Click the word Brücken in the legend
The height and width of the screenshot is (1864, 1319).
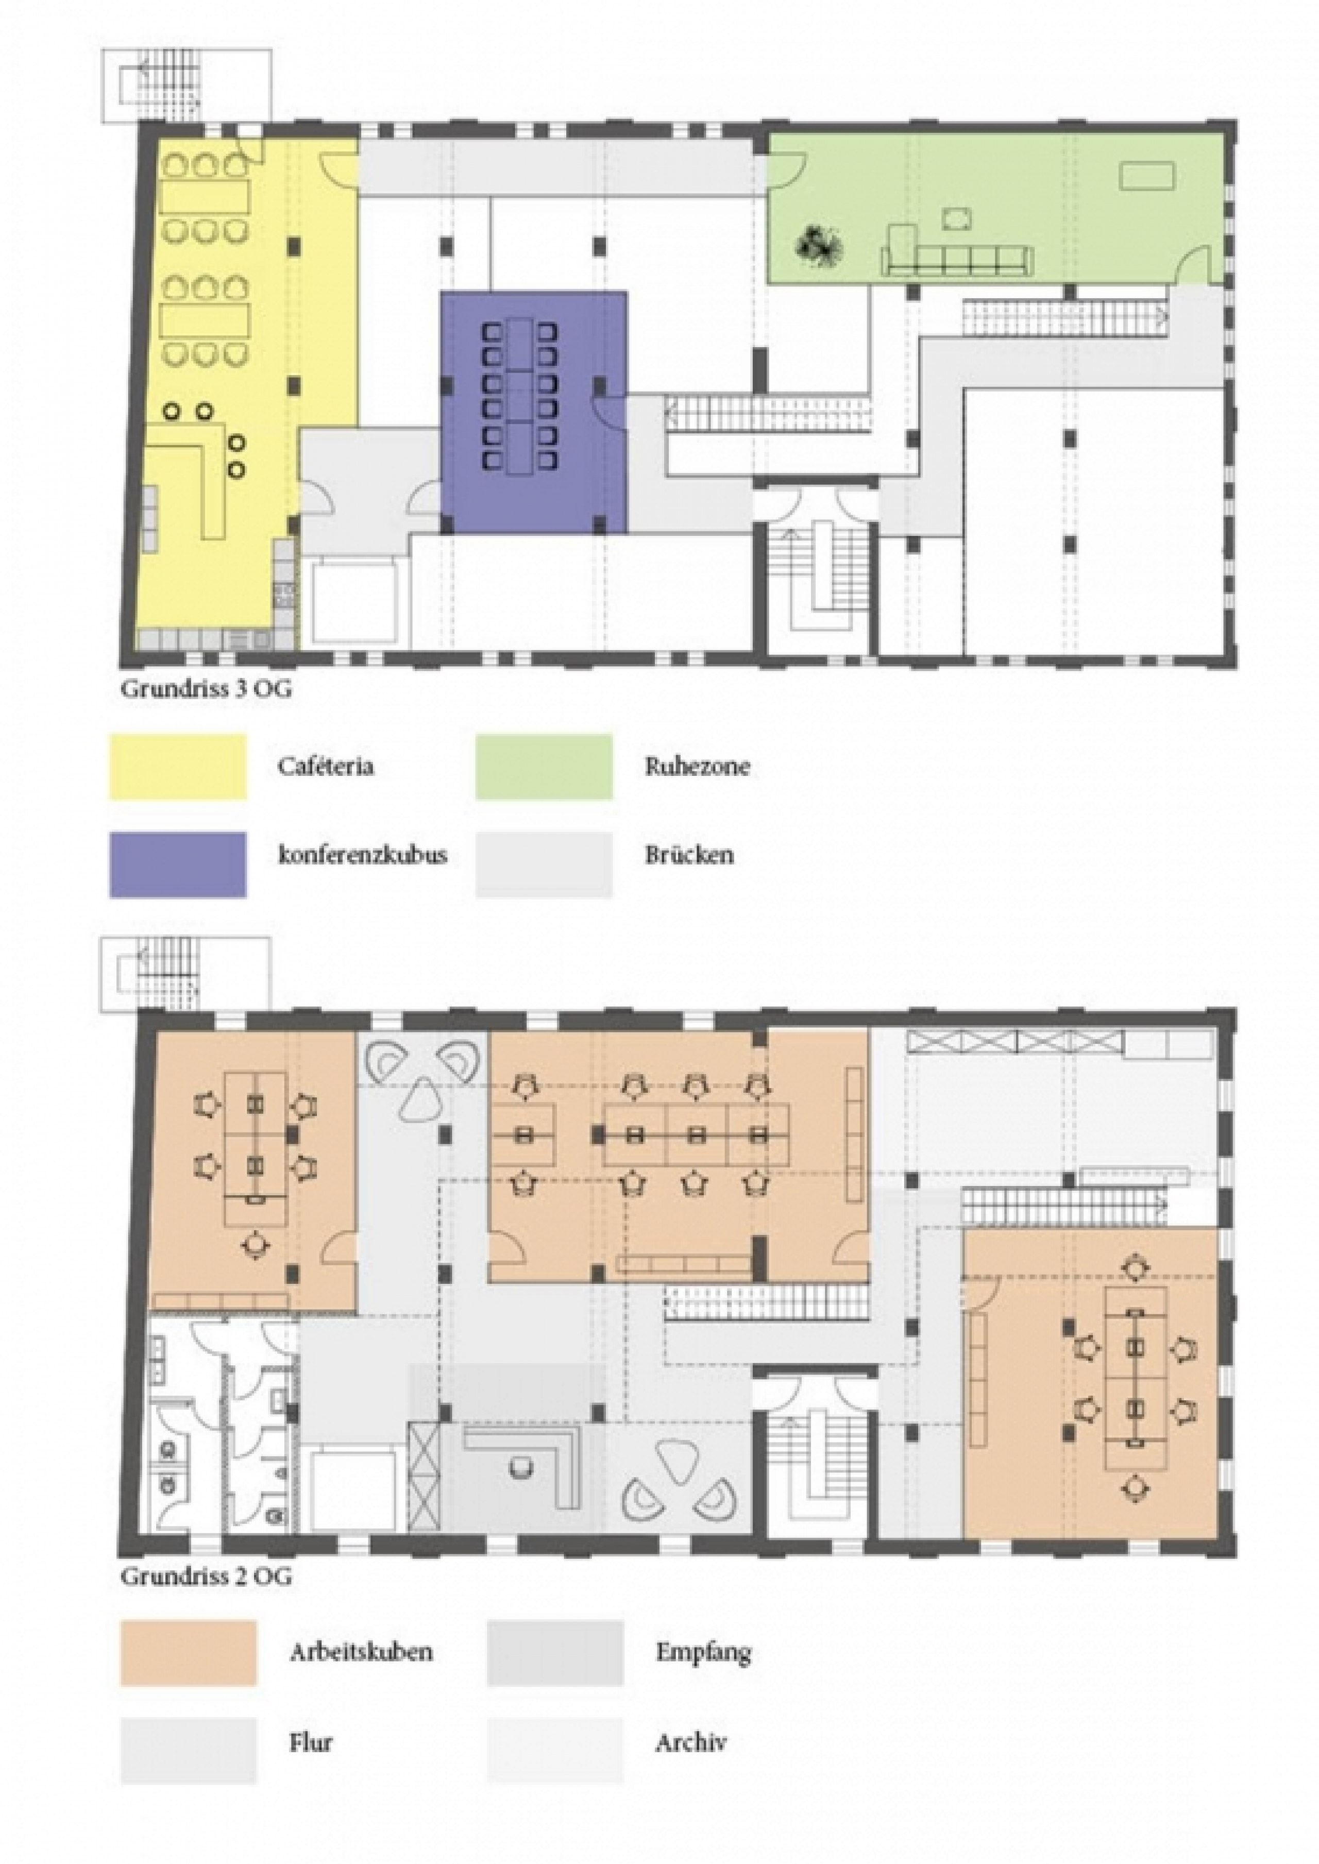(x=689, y=855)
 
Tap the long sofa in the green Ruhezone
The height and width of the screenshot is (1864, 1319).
(x=957, y=262)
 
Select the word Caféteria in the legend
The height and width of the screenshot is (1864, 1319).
(x=325, y=767)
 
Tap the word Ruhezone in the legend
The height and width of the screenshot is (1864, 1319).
(x=697, y=767)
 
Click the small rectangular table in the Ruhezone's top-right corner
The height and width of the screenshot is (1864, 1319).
(x=1147, y=175)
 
